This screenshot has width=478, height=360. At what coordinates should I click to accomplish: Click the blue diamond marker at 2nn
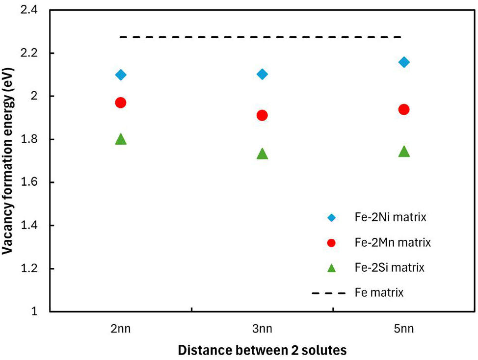(121, 75)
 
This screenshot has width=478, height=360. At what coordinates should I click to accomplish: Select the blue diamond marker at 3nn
(262, 74)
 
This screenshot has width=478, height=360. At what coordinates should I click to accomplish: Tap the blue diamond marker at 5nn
(404, 62)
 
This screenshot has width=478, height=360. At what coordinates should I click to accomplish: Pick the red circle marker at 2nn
(120, 103)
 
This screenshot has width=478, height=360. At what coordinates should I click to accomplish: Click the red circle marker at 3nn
(262, 115)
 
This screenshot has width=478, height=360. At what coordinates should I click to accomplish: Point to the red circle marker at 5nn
(404, 109)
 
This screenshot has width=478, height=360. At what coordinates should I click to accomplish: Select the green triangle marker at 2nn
(121, 139)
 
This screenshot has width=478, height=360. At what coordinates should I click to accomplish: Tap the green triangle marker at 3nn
(262, 154)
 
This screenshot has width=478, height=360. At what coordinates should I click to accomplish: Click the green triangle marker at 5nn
(404, 151)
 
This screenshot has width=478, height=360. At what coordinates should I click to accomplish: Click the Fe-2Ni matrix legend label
(391, 217)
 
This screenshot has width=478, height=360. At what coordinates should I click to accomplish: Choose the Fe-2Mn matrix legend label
(393, 242)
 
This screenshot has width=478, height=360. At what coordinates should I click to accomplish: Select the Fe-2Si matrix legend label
(390, 267)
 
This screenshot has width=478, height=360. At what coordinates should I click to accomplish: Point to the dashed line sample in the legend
(329, 293)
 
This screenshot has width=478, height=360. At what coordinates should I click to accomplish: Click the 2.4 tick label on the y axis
(29, 10)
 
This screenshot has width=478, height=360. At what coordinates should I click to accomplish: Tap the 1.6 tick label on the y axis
(29, 182)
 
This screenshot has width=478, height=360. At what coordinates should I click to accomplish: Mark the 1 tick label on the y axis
(34, 311)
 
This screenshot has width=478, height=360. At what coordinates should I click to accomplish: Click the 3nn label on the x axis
(262, 329)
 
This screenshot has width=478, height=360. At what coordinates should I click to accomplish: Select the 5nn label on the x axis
(404, 329)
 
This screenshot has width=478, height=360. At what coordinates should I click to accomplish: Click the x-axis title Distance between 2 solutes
(262, 350)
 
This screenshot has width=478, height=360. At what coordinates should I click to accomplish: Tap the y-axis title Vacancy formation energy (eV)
(8, 161)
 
